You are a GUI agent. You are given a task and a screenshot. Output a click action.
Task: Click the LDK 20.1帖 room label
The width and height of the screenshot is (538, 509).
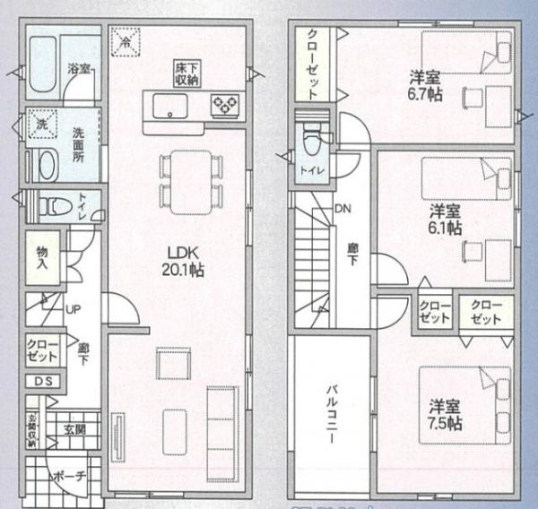click(183, 259)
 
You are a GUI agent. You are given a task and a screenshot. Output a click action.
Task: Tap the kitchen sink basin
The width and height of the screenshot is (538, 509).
click(169, 108)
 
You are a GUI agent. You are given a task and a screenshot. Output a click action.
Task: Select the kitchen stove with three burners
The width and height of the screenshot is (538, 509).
click(223, 107)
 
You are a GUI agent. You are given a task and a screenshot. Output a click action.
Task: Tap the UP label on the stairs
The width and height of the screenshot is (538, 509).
click(74, 309)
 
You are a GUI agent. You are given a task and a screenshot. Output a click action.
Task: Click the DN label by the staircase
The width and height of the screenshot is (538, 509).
click(343, 210)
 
